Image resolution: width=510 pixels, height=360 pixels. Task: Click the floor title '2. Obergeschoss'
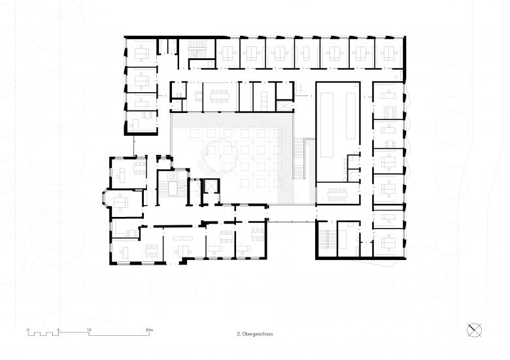pyautogui.click(x=255, y=334)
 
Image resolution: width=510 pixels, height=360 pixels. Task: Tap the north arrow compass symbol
pyautogui.click(x=474, y=331)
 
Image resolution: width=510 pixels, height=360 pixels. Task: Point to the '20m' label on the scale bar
pyautogui.click(x=149, y=330)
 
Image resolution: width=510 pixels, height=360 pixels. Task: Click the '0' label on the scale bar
pyautogui.click(x=28, y=330)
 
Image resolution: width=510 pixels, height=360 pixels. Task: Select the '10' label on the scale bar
pyautogui.click(x=89, y=330)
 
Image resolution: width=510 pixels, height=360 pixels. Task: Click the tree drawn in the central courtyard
pyautogui.click(x=222, y=156)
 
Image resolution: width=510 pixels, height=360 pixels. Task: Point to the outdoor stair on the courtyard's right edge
pyautogui.click(x=299, y=159)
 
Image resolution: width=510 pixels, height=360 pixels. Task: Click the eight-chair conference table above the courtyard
pyautogui.click(x=220, y=96)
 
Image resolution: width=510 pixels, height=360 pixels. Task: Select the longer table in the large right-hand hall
pyautogui.click(x=326, y=125)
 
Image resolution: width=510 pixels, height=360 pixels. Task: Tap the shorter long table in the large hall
pyautogui.click(x=351, y=116)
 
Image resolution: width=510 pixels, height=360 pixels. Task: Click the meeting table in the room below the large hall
pyautogui.click(x=337, y=195)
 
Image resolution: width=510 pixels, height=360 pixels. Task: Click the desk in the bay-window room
pyautogui.click(x=121, y=203)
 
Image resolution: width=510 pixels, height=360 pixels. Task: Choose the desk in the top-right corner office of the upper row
pyautogui.click(x=388, y=54)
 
